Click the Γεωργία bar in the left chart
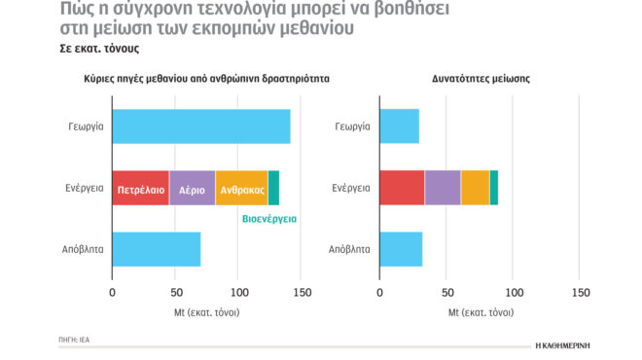(201, 126)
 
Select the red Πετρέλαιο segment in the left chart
(141, 187)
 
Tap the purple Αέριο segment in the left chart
(192, 187)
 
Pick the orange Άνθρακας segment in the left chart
(241, 187)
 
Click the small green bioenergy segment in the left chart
(273, 187)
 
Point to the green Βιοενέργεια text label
(268, 219)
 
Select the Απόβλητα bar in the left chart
(157, 249)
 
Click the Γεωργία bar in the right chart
(399, 126)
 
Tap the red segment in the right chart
(402, 187)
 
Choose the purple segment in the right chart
(443, 187)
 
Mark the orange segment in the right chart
(475, 187)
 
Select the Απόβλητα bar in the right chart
(400, 249)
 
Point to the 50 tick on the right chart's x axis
(446, 292)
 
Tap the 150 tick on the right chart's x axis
(580, 292)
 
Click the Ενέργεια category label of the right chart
(351, 187)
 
